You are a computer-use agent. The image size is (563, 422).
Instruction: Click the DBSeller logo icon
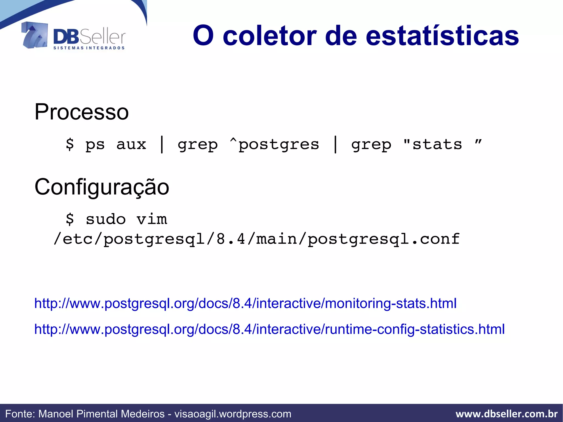[34, 35]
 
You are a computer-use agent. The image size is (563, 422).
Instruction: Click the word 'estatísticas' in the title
[442, 36]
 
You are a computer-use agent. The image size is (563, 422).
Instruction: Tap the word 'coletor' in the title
[269, 36]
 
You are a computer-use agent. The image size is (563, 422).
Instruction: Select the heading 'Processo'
[82, 112]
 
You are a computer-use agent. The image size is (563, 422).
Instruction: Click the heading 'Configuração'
[102, 187]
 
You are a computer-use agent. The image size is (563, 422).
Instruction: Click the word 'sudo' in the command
[106, 219]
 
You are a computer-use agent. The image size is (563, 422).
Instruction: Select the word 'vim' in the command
[152, 219]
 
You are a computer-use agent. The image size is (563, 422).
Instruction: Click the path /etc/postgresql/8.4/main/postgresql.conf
[256, 239]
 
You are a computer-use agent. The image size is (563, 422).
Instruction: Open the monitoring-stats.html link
[245, 303]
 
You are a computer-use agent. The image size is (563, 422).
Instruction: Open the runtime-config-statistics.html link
[269, 329]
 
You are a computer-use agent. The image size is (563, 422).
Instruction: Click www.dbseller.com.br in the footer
[506, 414]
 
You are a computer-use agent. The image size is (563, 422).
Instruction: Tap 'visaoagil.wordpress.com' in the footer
[233, 414]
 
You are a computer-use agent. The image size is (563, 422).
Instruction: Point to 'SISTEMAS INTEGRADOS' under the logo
[89, 48]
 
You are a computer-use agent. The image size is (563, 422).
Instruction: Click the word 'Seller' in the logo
[103, 37]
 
